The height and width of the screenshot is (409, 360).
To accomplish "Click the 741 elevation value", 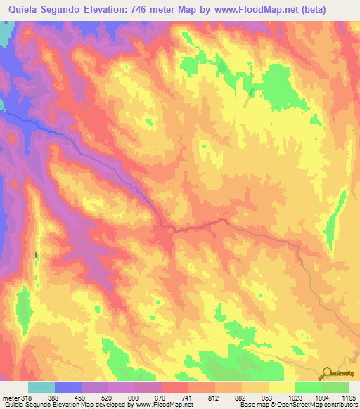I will tap(186, 398).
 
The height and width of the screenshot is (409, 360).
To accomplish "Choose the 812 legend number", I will tap(213, 398).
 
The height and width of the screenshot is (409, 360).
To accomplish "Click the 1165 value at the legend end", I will tap(347, 398).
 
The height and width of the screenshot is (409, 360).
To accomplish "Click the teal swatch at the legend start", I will tap(41, 387).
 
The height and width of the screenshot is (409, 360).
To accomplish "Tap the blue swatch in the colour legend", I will tap(68, 387).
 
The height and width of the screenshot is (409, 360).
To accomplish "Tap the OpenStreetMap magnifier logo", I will tap(326, 373).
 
